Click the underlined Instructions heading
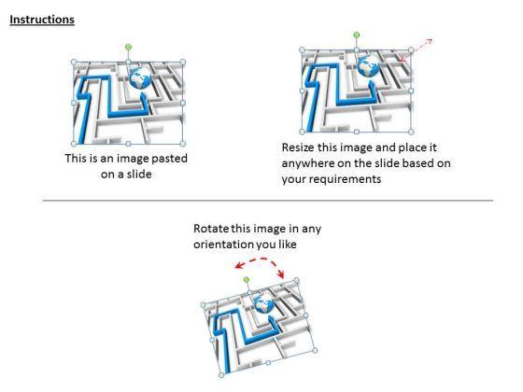pos(42,20)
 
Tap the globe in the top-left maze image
pos(140,78)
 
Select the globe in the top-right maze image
pos(368,66)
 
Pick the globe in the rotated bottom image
pos(263,304)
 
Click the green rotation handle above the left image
pos(129,48)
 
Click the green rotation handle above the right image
pos(357,35)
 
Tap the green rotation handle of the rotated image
pos(247,280)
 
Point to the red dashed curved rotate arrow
pos(260,259)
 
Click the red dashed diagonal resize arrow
pos(416,50)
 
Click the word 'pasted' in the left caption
pos(169,159)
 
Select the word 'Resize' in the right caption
pos(298,147)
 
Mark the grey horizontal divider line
pos(268,201)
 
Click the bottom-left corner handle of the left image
pos(74,144)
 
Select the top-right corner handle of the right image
pos(411,50)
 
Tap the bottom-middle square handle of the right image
pos(357,132)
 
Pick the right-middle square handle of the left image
pos(183,103)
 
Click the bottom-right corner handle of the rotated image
pos(315,350)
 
